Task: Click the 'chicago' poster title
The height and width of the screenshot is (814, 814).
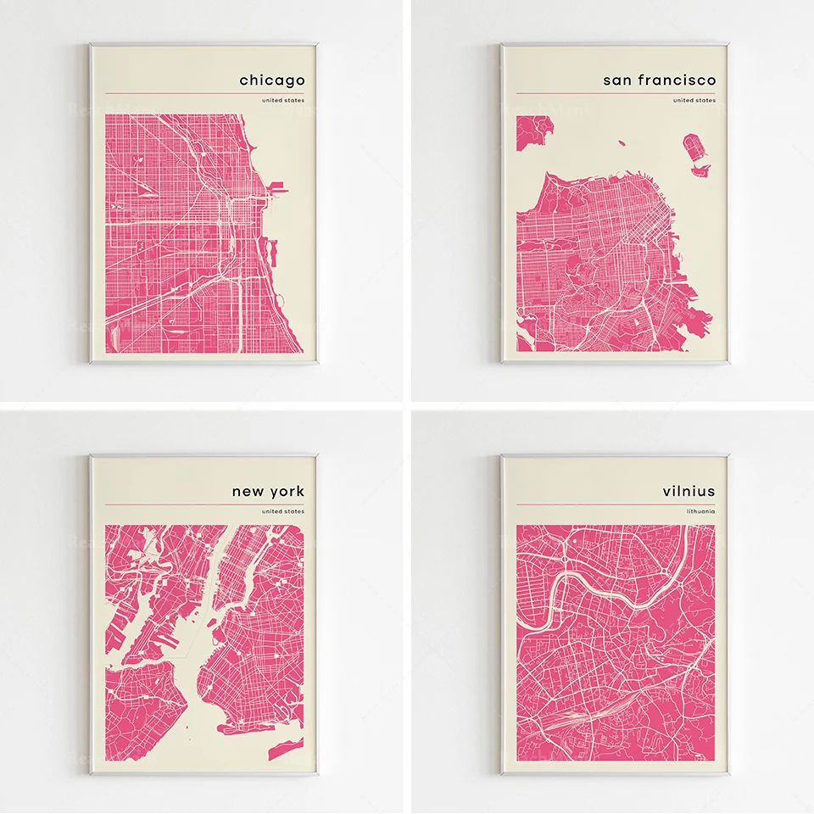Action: coord(271,81)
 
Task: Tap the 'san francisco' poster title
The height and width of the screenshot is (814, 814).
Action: coord(659,81)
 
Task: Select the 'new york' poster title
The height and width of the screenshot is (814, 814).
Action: coord(268,491)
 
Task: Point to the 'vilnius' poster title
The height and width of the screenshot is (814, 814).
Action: coord(689,491)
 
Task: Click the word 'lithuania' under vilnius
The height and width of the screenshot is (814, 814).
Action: coord(701,511)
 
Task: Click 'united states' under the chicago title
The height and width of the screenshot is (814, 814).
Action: coord(283,101)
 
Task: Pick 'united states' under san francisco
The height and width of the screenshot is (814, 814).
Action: coord(694,101)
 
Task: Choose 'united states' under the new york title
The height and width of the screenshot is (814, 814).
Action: coord(283,511)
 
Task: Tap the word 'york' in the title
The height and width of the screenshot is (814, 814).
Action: coord(287,491)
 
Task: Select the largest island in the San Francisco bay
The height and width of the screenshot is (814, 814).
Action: coord(694,149)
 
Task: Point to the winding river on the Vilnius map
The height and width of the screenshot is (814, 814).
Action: coord(594,586)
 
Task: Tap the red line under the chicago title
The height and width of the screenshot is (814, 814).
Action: coord(203,94)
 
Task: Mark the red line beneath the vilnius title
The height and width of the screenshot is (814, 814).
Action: coord(616,505)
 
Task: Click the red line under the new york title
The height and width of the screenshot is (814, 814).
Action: coord(203,505)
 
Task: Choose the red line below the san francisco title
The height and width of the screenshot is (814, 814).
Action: coord(616,94)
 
